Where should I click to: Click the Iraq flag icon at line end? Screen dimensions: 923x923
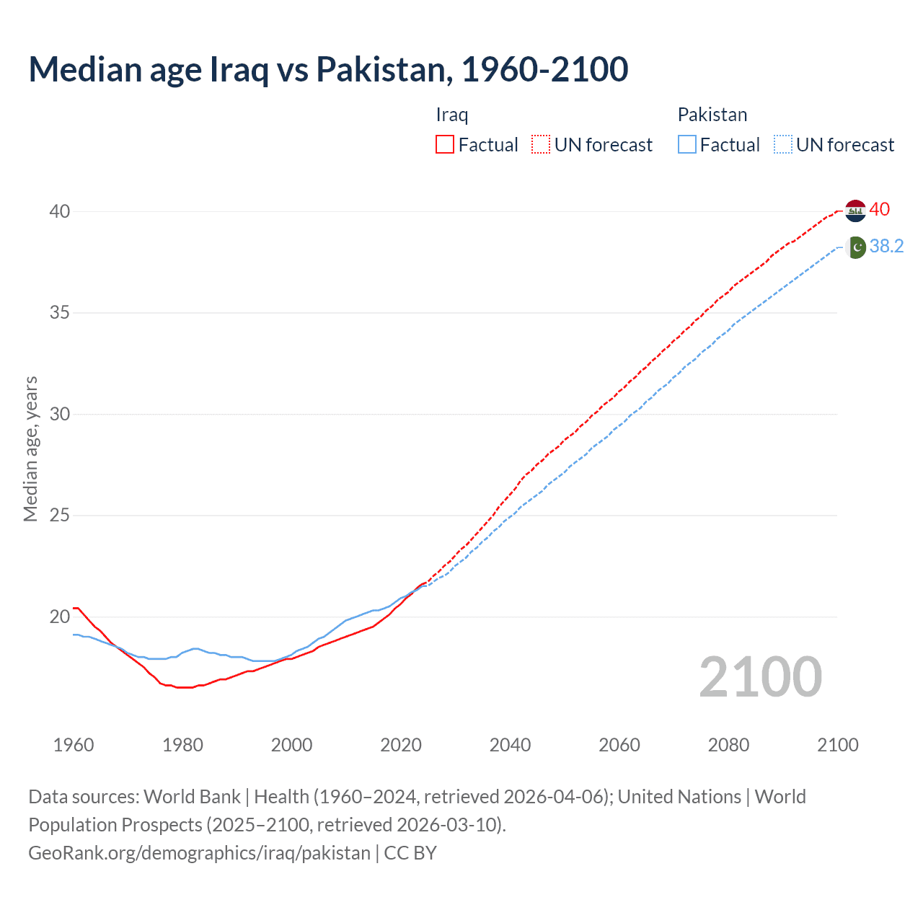855,211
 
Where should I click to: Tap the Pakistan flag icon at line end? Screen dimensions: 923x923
855,247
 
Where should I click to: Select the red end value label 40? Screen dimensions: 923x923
880,209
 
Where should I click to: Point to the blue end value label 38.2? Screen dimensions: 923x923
886,247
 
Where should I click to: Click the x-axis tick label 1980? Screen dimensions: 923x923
182,745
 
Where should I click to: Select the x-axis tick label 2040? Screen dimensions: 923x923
510,745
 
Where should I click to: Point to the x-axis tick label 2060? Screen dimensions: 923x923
619,745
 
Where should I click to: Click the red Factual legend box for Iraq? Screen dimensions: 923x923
445,144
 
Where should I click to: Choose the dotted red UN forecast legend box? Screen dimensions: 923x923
541,144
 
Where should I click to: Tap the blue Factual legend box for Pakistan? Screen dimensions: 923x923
687,144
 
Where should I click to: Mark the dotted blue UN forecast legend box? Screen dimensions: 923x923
783,144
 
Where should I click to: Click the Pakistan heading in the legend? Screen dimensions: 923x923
712,115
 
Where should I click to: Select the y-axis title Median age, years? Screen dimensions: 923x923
30,449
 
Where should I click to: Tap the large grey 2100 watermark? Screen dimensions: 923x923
760,677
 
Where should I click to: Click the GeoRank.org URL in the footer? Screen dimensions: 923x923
199,852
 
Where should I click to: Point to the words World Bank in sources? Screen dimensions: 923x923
192,797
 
